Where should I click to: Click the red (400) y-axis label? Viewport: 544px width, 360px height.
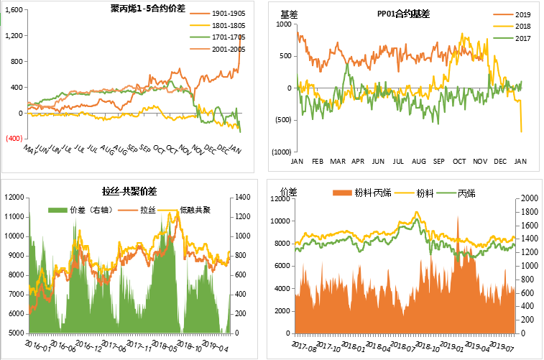coord(15,139)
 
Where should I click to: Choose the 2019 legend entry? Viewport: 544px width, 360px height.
coord(522,14)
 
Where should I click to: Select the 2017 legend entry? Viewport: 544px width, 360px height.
coord(522,38)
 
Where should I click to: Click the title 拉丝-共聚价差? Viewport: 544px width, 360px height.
coord(129,191)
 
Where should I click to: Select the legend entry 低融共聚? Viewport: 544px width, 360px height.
coord(195,209)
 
